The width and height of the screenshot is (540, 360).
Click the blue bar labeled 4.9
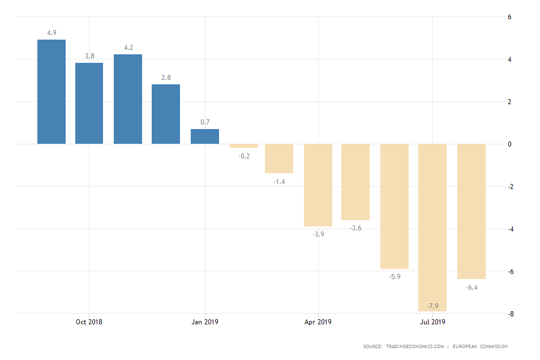(52, 92)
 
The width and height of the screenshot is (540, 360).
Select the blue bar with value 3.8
(89, 103)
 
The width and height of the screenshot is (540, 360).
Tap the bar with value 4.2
(128, 99)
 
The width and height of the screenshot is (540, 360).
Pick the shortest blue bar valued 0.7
(204, 136)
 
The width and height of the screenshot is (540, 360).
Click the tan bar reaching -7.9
(432, 227)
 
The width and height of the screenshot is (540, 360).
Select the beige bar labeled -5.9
(395, 206)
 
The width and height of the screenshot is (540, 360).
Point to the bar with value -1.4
(279, 158)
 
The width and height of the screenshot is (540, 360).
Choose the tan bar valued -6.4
(471, 211)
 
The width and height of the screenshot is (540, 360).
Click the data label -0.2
(243, 156)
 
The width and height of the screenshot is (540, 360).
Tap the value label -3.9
(319, 234)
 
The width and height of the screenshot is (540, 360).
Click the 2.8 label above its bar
(166, 77)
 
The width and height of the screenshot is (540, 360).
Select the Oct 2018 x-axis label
(89, 322)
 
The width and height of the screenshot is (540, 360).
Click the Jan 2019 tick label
(204, 322)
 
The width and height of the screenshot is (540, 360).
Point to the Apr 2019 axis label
(318, 322)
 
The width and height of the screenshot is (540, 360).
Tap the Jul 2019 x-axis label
(432, 322)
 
